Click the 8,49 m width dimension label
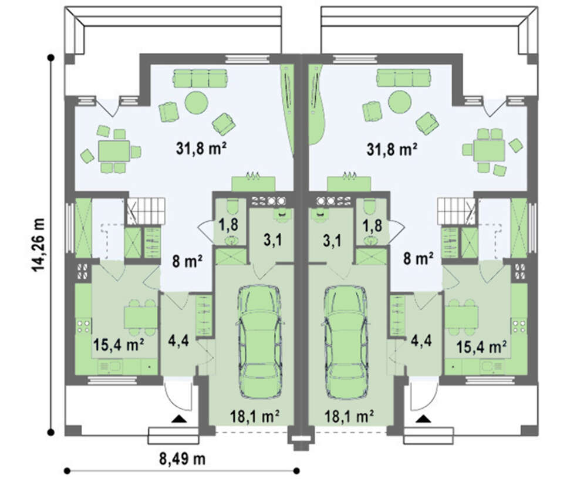[183, 459]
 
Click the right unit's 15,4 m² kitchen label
[482, 347]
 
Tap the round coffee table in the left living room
[196, 102]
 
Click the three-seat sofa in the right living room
[404, 77]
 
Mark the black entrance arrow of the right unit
[423, 419]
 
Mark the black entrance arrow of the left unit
[179, 419]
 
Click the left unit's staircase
[146, 211]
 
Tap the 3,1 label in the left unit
[272, 241]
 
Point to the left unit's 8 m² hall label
[187, 261]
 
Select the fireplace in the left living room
[254, 183]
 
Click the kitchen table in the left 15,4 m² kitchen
[140, 317]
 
